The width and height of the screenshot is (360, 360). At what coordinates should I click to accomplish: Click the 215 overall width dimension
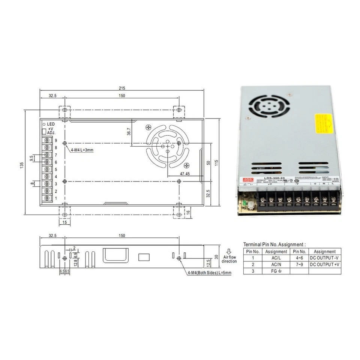[121, 88]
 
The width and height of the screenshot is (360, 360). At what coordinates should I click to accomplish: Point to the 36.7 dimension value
[129, 132]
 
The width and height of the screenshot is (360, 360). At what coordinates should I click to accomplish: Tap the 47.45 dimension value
[184, 174]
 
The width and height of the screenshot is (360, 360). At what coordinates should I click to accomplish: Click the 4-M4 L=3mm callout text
[82, 150]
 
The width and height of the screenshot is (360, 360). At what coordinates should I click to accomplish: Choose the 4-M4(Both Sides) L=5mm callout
[210, 273]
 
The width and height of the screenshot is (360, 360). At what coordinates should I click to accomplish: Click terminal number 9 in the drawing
[56, 141]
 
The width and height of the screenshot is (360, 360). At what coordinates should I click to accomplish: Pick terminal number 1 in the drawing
[56, 198]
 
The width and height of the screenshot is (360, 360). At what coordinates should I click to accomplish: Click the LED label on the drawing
[51, 124]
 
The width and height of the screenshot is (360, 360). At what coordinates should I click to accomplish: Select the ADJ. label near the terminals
[51, 133]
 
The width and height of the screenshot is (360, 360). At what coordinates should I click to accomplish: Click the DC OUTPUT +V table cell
[325, 265]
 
